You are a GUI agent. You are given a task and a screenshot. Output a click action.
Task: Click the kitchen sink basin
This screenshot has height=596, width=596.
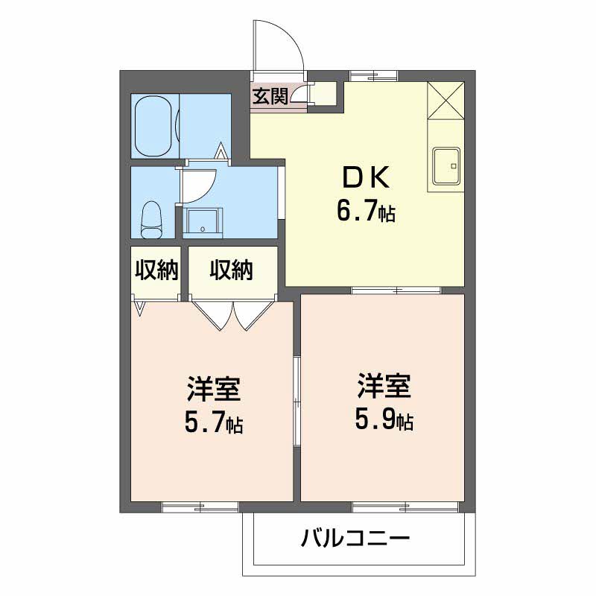pyautogui.click(x=446, y=166)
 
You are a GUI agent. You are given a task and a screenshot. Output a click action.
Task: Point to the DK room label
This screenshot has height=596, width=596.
pyautogui.click(x=366, y=178)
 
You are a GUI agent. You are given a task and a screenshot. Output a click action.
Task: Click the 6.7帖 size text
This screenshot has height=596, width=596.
pyautogui.click(x=366, y=212)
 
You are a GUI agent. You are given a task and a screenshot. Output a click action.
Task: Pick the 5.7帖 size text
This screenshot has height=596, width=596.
pyautogui.click(x=214, y=422)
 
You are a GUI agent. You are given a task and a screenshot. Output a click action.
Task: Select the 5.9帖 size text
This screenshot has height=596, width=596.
pyautogui.click(x=384, y=419)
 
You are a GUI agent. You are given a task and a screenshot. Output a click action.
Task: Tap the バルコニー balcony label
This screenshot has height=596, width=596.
pyautogui.click(x=355, y=538)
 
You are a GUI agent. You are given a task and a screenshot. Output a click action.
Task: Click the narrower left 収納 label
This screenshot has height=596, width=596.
pyautogui.click(x=156, y=270)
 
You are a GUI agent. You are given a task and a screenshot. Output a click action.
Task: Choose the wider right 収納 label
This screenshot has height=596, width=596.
pyautogui.click(x=232, y=270)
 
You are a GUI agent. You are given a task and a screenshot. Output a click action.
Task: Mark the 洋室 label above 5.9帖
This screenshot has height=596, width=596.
pyautogui.click(x=384, y=385)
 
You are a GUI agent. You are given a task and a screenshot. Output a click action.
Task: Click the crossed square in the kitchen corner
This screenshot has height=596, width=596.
pyautogui.click(x=446, y=101)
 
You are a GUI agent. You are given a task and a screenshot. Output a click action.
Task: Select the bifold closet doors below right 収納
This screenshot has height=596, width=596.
pyautogui.click(x=233, y=315)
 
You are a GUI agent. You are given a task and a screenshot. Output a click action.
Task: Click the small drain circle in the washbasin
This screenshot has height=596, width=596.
pyautogui.click(x=203, y=229)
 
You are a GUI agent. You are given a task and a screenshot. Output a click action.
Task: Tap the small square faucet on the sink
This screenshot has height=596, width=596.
pyautogui.click(x=453, y=166)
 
